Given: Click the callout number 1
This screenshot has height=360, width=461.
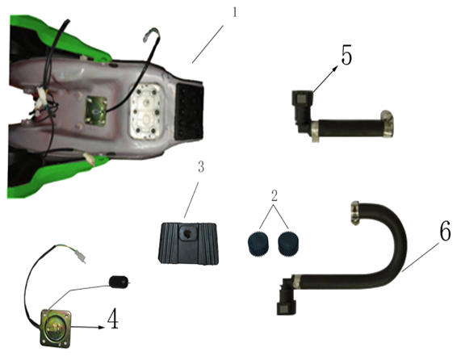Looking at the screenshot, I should click(235, 14).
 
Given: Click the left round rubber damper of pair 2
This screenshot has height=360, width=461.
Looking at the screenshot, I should click(258, 242).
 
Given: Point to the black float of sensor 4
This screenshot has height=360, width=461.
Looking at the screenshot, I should click(119, 282).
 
